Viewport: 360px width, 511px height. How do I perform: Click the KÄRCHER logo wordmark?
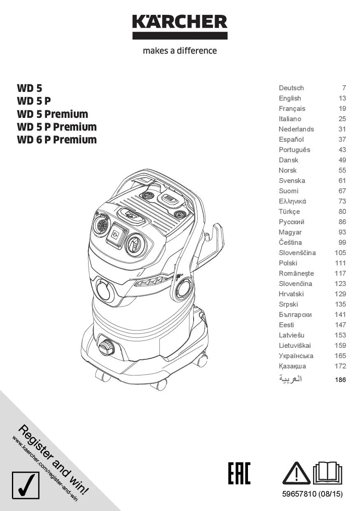(x=180, y=22)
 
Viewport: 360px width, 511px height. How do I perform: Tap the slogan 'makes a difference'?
(x=180, y=50)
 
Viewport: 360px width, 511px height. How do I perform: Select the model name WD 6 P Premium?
(x=57, y=140)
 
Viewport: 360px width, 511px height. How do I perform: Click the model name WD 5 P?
(x=34, y=101)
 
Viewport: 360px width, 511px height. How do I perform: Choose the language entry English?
(x=290, y=98)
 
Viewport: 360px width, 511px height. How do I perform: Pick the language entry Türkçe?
(x=289, y=212)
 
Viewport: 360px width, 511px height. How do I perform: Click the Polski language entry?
(x=288, y=263)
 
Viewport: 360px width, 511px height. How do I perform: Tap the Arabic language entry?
(x=290, y=379)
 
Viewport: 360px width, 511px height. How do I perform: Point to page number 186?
(x=340, y=380)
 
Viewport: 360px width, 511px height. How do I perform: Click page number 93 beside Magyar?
(x=342, y=232)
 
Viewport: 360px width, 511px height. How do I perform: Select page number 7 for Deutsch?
(x=344, y=88)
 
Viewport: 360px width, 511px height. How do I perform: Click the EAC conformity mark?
(x=239, y=473)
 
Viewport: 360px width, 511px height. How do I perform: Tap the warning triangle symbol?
(x=297, y=473)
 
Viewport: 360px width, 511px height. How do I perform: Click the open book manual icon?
(x=327, y=473)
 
